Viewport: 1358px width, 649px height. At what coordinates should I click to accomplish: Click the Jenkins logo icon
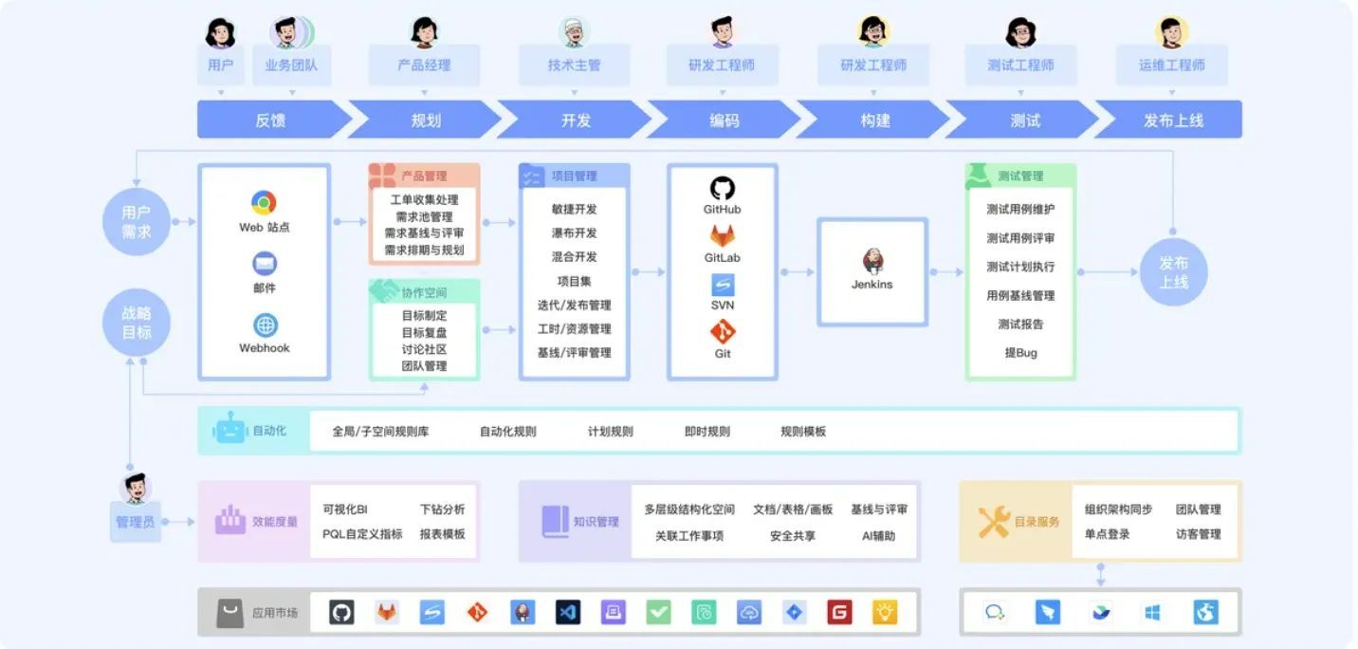tap(872, 260)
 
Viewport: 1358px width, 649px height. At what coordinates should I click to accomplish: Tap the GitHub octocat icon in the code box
tap(723, 188)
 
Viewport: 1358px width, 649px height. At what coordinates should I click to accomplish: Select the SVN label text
tap(723, 306)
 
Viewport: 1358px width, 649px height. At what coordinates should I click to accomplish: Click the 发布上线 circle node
tap(1173, 272)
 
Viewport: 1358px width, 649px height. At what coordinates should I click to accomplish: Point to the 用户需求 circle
tap(136, 222)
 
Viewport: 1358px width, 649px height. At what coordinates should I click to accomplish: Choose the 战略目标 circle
tap(136, 323)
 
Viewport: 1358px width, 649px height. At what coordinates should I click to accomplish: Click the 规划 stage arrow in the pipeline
tap(426, 121)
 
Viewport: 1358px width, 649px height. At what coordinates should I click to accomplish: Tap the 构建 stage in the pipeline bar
tap(875, 121)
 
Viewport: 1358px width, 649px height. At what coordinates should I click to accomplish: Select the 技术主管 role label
tap(574, 65)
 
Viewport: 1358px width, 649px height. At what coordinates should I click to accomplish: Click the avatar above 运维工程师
tap(1172, 32)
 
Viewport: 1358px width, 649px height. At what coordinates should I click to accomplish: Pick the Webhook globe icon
tap(265, 325)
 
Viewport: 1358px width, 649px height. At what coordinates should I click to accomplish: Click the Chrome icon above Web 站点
tap(264, 202)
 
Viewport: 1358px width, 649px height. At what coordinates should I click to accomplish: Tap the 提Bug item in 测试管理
tap(1020, 353)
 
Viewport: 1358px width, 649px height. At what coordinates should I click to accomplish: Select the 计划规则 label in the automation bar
tap(610, 432)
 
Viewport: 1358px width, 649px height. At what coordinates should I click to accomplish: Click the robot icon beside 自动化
tap(230, 430)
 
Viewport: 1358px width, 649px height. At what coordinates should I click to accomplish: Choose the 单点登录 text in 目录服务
tap(1107, 534)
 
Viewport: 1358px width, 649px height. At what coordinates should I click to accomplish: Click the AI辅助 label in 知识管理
tap(878, 536)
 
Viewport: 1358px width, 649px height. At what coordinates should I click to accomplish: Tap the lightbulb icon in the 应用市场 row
tap(885, 613)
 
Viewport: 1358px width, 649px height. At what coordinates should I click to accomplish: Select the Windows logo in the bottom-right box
tap(1152, 613)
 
